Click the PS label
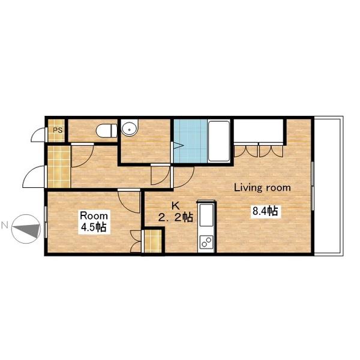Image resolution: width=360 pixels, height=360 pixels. point(58,130)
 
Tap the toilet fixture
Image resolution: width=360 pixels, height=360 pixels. point(107,131)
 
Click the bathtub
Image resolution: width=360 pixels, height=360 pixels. point(219,142)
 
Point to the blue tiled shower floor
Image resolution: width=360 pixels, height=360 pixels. point(191,141)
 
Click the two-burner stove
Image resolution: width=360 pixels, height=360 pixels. point(206,242)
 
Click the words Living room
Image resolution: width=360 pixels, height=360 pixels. point(262,188)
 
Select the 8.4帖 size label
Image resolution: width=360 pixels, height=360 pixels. point(265,211)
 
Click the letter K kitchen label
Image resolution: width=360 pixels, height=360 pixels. point(176,206)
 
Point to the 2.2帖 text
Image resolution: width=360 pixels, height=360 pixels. point(176,217)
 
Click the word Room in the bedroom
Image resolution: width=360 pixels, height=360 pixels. point(94,216)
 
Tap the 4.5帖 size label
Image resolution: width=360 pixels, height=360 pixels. point(94,227)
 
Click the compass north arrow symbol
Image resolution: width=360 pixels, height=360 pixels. point(26,229)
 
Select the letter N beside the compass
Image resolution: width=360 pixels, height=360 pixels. point(5,226)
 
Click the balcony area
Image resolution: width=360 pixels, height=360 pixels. point(328,186)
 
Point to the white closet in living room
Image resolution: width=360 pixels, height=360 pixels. point(259,131)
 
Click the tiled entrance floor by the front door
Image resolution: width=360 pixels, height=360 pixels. point(59,167)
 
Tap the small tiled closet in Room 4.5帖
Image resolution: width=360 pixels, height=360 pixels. point(153,241)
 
